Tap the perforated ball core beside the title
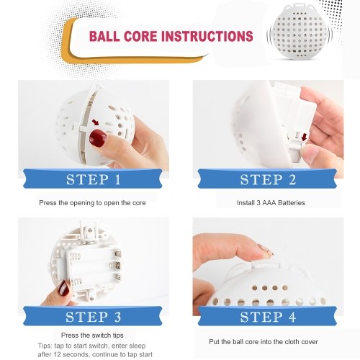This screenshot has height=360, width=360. (300, 31)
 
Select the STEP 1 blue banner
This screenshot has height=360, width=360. (93, 179)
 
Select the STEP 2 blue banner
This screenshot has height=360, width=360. (267, 179)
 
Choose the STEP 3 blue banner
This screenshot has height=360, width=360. (93, 316)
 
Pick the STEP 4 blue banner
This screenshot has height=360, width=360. (267, 316)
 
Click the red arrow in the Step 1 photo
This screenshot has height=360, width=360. (96, 122)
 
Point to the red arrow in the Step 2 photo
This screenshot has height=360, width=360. (304, 137)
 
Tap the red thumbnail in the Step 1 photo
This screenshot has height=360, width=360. (98, 138)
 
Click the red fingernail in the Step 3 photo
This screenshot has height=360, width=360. (63, 288)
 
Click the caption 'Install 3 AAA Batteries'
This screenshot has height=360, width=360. (271, 203)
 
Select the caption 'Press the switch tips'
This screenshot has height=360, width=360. (92, 336)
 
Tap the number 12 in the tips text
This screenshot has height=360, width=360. (58, 354)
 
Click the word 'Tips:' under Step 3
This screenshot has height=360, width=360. (45, 346)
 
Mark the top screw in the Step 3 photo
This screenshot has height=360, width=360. (90, 230)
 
